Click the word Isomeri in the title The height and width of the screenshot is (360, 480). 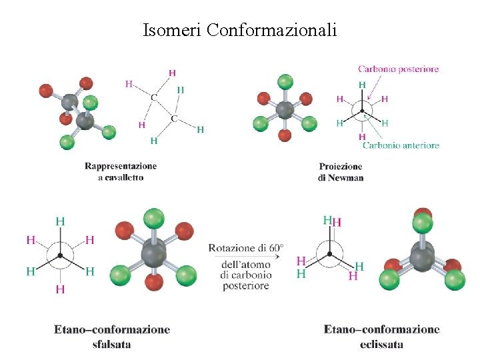173,30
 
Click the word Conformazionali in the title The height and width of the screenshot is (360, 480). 272,30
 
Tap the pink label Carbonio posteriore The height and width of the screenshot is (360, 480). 398,69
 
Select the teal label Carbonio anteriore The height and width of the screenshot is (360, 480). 401,145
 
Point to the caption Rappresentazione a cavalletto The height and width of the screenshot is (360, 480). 121,171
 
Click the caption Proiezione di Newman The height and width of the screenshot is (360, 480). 341,172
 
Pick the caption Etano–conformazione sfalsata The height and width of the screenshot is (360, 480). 112,336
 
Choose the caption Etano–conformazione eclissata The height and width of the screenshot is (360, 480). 381,336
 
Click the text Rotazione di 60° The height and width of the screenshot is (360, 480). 246,248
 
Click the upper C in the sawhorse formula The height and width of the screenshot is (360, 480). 154,97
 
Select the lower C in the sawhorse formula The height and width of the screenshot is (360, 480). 173,119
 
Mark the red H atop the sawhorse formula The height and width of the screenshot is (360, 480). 173,73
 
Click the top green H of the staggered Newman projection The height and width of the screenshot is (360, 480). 60,221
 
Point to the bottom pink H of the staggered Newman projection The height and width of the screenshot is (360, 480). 60,289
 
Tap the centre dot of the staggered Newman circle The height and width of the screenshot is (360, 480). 60,255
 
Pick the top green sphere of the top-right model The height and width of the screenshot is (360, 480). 285,82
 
